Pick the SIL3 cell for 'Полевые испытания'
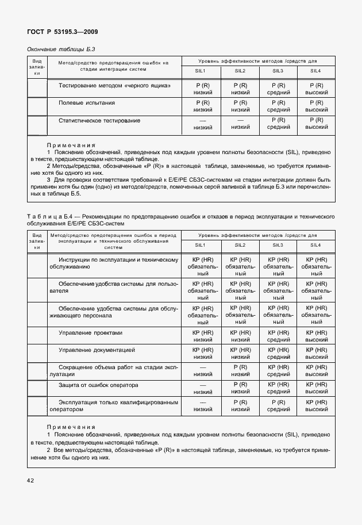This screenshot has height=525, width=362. [x=278, y=106]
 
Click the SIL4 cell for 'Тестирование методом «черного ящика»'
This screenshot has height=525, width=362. [x=316, y=89]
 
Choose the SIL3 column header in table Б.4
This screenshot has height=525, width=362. [x=278, y=246]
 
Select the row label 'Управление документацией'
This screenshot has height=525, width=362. [x=97, y=350]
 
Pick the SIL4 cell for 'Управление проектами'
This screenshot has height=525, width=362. [x=316, y=336]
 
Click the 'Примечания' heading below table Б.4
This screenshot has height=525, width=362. [x=71, y=427]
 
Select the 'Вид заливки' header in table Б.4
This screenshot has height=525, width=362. [x=37, y=242]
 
